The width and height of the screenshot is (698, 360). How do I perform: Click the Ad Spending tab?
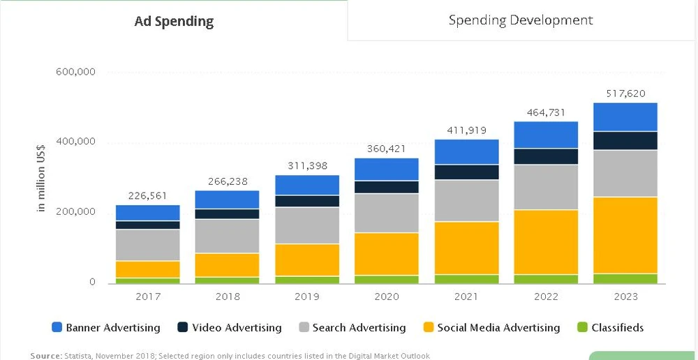click(174, 21)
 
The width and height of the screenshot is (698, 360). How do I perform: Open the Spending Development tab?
click(521, 20)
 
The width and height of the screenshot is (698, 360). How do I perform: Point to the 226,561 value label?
click(148, 195)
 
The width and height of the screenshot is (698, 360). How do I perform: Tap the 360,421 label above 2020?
click(387, 149)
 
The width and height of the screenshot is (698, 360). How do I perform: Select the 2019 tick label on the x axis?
click(307, 297)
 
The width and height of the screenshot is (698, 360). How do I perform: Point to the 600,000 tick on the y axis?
click(75, 72)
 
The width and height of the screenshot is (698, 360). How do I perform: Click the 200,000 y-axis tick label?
click(75, 211)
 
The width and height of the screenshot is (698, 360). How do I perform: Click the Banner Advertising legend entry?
click(105, 327)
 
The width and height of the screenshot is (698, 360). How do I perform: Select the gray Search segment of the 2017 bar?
click(148, 245)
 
